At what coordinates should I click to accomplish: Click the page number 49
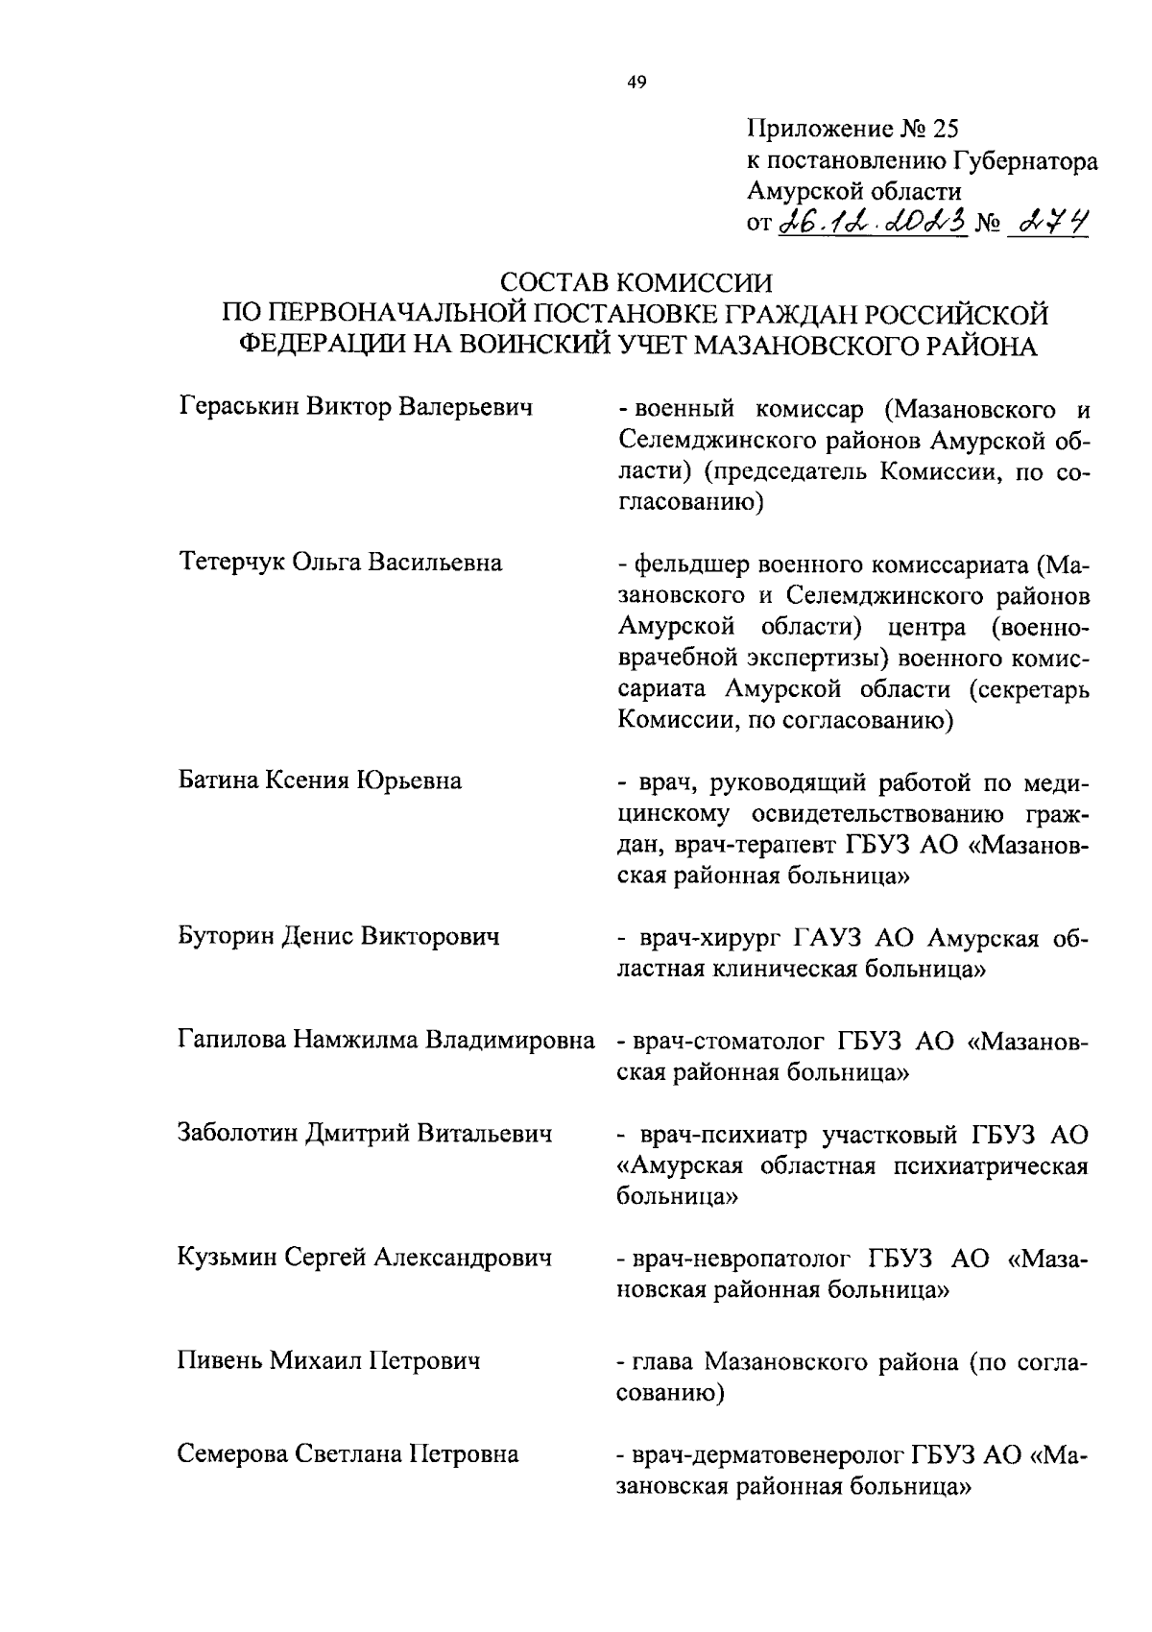pyautogui.click(x=636, y=83)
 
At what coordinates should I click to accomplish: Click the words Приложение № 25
pyautogui.click(x=852, y=128)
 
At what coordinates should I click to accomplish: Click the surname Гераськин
pyautogui.click(x=238, y=407)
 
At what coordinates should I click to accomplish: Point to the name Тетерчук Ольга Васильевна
pyautogui.click(x=340, y=562)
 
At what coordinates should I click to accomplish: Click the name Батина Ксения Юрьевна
pyautogui.click(x=320, y=780)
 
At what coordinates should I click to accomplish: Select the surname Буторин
pyautogui.click(x=227, y=935)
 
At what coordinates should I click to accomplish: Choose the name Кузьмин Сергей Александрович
pyautogui.click(x=365, y=1257)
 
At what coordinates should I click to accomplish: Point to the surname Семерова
pyautogui.click(x=231, y=1454)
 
